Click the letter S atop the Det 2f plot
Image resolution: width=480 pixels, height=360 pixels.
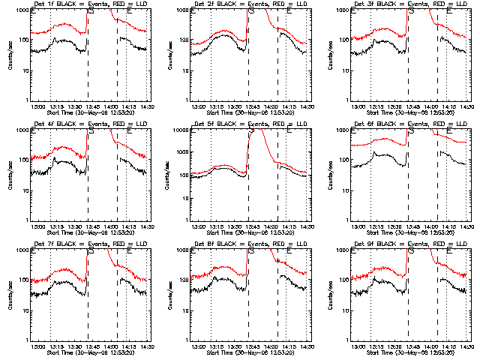(x=250, y=11)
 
